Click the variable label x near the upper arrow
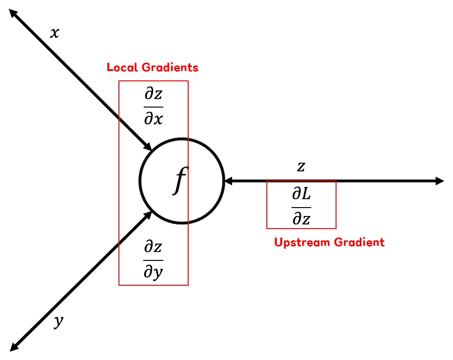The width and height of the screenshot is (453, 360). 55,33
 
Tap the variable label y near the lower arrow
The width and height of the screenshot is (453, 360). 58,322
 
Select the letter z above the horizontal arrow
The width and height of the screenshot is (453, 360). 301,167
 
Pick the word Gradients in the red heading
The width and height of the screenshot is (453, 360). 170,67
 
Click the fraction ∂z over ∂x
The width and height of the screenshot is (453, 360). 153,107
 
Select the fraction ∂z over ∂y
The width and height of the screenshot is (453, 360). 153,259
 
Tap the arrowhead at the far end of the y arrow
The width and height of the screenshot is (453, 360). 14,346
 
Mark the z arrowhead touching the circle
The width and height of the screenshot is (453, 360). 229,181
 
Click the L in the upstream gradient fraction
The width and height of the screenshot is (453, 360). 306,194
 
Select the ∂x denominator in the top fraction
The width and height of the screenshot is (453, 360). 153,119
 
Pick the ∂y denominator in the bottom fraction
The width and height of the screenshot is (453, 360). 153,272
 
